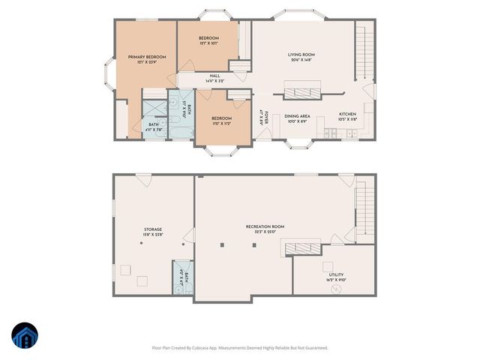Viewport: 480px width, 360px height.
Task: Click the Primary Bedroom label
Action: tap(147, 57)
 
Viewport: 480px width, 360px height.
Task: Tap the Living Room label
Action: tap(301, 55)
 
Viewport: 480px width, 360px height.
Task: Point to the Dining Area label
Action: tap(297, 116)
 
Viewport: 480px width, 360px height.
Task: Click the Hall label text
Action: tap(215, 76)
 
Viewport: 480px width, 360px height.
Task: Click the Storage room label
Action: tap(153, 229)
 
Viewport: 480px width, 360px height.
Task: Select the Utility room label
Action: tap(335, 275)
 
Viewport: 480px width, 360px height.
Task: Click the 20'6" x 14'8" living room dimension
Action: tap(301, 61)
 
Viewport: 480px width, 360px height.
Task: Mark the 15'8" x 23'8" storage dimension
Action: tap(153, 235)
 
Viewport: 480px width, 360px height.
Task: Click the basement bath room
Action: tap(181, 279)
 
